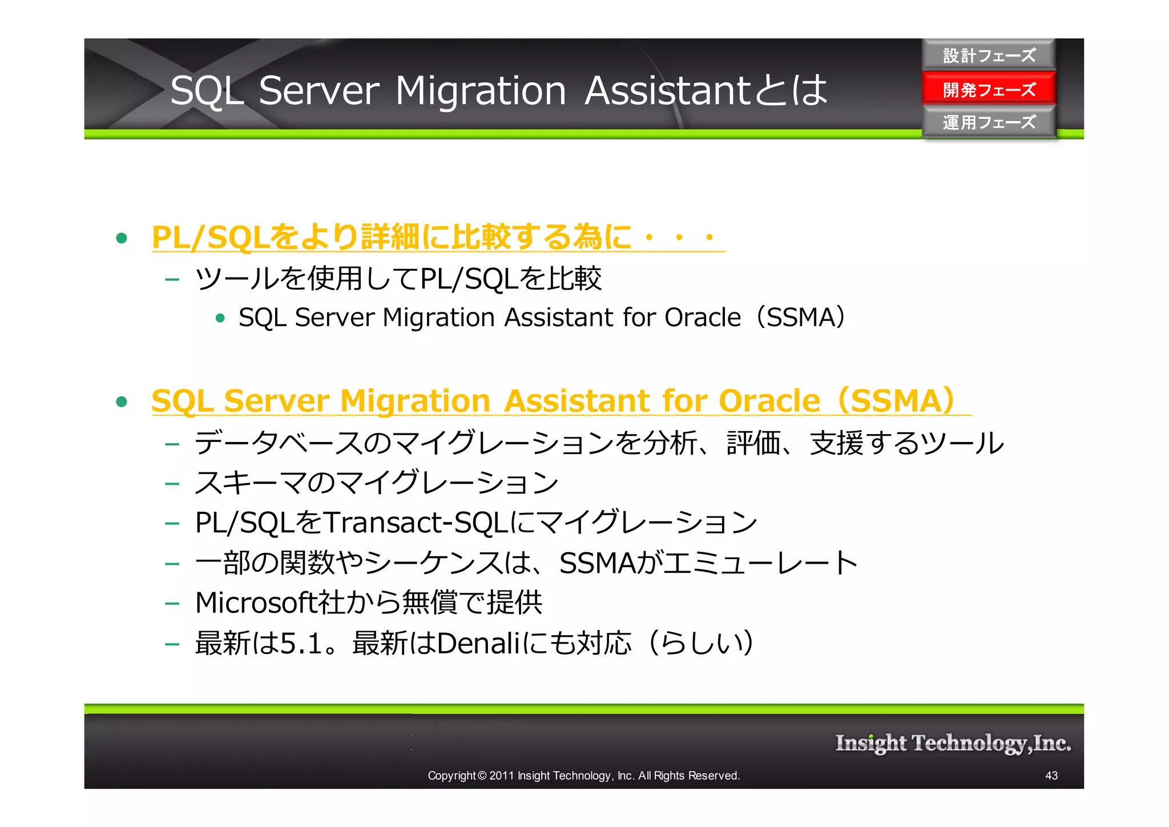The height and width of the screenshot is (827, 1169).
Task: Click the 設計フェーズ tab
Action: click(x=989, y=55)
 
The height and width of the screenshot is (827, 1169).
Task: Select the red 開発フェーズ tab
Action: click(x=989, y=89)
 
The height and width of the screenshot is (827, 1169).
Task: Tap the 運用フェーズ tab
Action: click(x=989, y=122)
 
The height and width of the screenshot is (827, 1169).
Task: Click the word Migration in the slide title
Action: click(x=480, y=91)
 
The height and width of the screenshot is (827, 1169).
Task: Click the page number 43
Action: click(x=1051, y=776)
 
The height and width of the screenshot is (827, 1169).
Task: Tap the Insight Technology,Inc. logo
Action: click(x=953, y=743)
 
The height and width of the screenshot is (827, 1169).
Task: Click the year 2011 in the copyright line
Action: click(x=502, y=776)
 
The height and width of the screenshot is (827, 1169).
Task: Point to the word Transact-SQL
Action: click(x=416, y=523)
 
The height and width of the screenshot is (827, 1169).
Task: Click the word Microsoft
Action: click(x=255, y=603)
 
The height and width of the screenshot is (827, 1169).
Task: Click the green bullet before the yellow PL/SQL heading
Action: click(x=121, y=238)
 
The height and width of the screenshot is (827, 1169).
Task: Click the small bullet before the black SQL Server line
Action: click(x=220, y=318)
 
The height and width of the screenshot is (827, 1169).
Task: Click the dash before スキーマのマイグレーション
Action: click(x=172, y=484)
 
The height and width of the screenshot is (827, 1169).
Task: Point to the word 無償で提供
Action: click(x=472, y=603)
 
